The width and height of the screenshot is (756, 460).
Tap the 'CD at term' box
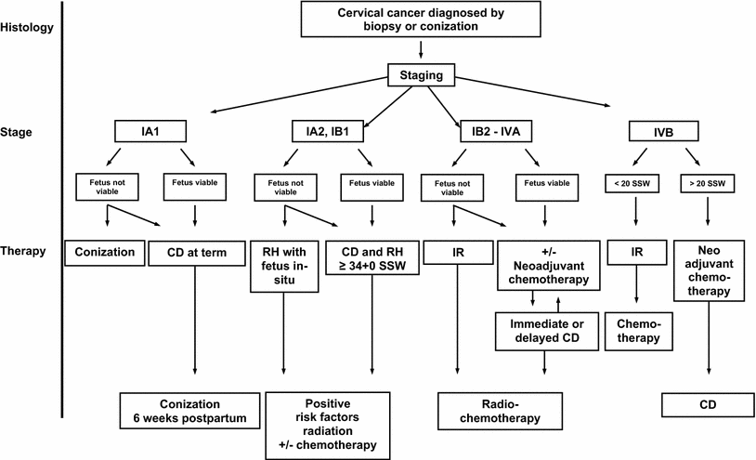(196, 251)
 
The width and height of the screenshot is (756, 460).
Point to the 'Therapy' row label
(25, 251)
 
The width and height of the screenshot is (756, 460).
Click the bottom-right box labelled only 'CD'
(708, 407)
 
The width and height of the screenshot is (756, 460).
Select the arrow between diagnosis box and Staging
(420, 49)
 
